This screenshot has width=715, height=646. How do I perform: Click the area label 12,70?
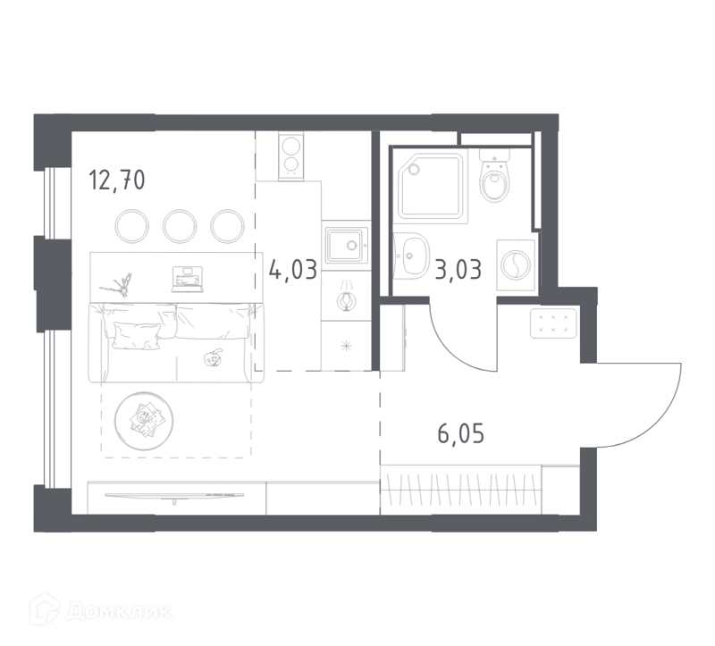[117, 180]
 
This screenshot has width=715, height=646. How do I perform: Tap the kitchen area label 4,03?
[293, 270]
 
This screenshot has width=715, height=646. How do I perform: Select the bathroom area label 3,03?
[458, 270]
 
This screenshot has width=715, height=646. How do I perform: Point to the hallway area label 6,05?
[460, 433]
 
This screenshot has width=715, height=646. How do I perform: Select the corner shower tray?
[431, 186]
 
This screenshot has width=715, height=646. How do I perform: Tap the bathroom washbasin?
[411, 256]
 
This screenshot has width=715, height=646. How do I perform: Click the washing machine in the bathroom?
[516, 264]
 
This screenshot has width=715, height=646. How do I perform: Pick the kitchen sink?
[347, 246]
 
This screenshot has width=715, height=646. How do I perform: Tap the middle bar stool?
[180, 226]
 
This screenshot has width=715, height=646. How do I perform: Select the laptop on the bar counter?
[187, 279]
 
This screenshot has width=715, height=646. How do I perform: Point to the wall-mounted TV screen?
[174, 495]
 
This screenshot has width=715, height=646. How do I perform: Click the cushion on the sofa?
[137, 336]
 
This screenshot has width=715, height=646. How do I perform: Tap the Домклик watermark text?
[119, 611]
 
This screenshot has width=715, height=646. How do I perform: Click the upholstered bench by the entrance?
[553, 323]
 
